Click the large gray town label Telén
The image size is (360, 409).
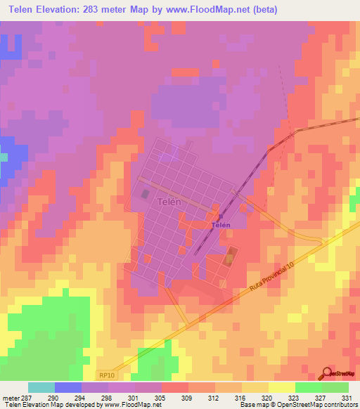(x=166, y=202)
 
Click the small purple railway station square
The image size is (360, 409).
(x=219, y=216)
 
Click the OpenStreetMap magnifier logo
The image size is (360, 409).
(x=326, y=372)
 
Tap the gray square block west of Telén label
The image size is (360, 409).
(x=146, y=194)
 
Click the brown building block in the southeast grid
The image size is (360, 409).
(x=230, y=259)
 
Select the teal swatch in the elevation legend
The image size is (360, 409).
(x=41, y=387)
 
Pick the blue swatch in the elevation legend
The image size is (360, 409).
(x=68, y=387)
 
